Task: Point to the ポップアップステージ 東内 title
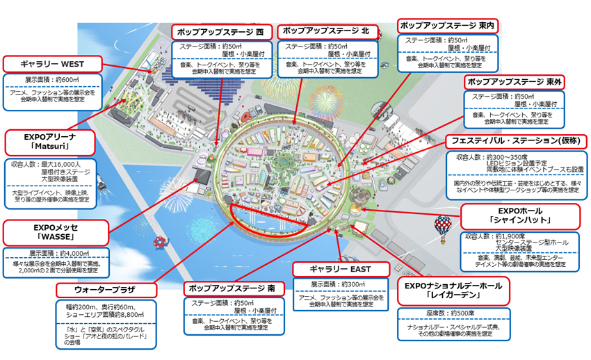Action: [447, 26]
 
